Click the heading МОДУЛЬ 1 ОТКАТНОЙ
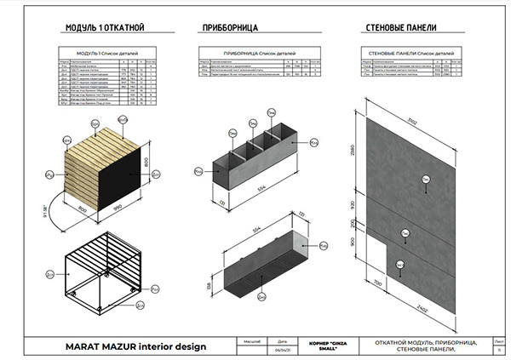click(x=100, y=28)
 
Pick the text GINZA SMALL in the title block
click(x=328, y=346)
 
